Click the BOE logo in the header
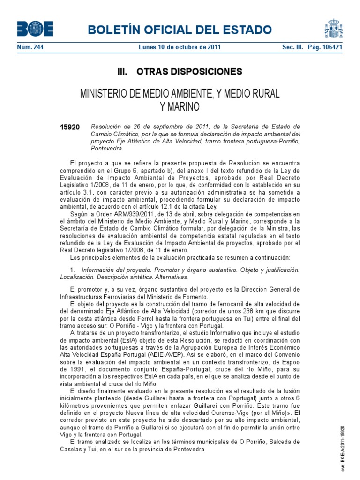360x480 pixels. (x=35, y=30)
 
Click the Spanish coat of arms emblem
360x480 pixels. (x=333, y=29)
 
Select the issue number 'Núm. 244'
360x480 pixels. (x=27, y=47)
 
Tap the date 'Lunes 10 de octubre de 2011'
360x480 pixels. (x=180, y=47)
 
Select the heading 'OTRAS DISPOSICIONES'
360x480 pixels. (x=189, y=72)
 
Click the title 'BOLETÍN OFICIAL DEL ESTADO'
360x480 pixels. (x=180, y=30)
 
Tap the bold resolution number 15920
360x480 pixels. (x=70, y=127)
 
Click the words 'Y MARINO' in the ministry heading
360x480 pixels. (x=180, y=107)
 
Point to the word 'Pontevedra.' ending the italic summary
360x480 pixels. (x=107, y=149)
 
